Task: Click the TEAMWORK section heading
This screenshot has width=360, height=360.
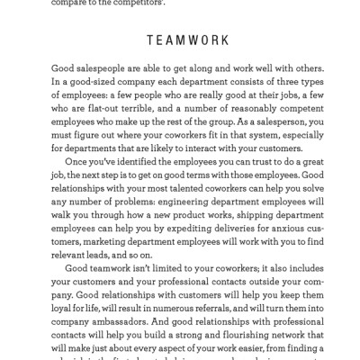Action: point(180,40)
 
